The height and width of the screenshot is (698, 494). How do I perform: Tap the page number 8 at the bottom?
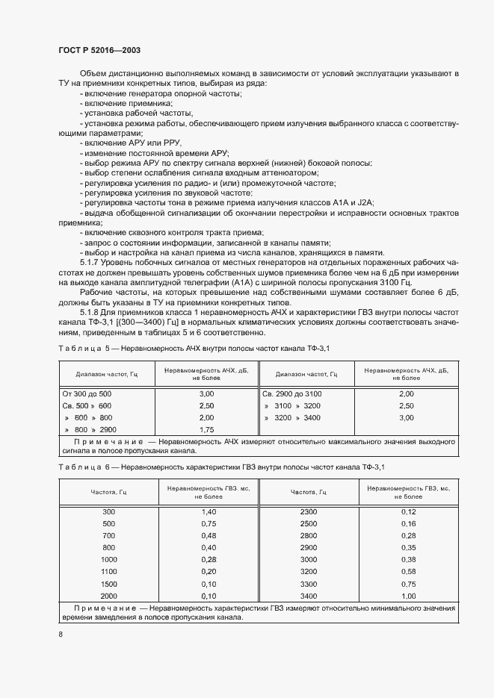point(61,635)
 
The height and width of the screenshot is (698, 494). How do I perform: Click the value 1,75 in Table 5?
point(207,430)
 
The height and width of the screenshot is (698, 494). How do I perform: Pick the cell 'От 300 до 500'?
point(87,393)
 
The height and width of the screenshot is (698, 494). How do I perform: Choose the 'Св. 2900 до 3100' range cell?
point(293,393)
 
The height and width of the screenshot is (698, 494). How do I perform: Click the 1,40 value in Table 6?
point(209,511)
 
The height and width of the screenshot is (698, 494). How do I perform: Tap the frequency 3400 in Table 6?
point(309,596)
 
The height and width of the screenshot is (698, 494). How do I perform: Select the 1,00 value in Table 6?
point(408,596)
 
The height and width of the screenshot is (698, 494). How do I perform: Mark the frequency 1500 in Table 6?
point(109,584)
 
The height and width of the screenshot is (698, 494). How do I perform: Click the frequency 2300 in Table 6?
point(309,511)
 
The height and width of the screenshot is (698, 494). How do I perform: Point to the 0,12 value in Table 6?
point(408,511)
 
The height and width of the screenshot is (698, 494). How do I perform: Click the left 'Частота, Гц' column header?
point(109,493)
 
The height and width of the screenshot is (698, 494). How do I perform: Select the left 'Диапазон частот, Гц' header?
point(107,374)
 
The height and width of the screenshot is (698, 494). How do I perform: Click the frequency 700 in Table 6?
point(109,535)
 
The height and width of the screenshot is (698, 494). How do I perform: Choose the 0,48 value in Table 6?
point(209,535)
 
